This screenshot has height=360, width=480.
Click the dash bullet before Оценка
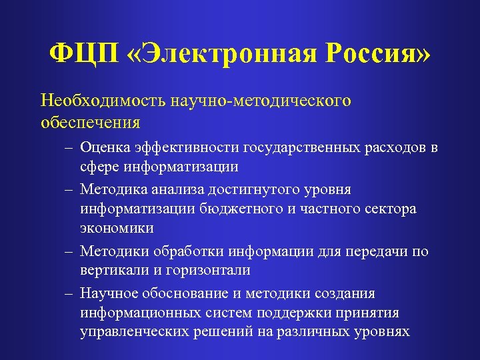tap(68, 148)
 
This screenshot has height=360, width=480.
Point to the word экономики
tap(117, 228)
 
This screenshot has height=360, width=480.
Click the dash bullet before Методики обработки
tap(68, 252)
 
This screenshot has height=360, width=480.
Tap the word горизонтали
tap(213, 271)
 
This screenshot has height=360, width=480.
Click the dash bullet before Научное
tap(68, 294)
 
